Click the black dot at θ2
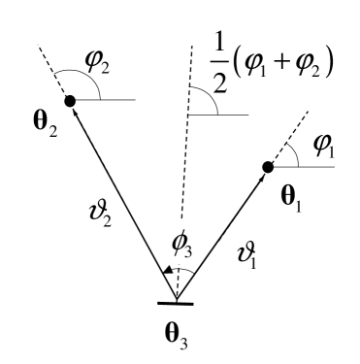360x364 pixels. [70, 100]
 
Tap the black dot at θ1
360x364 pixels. [269, 167]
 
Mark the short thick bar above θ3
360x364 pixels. [177, 304]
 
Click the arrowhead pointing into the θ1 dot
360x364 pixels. [262, 176]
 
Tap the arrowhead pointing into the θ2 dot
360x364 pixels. [75, 111]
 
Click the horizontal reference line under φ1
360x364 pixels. [311, 166]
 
